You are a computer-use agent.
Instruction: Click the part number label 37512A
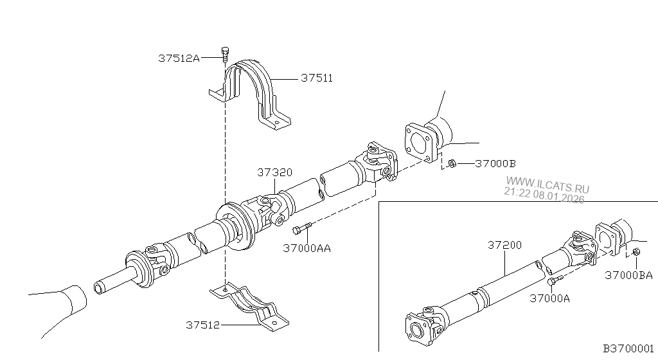tap(179, 59)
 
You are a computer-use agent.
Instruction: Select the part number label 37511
tap(316, 78)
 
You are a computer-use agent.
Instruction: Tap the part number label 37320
tap(275, 172)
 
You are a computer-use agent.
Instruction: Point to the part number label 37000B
tap(495, 163)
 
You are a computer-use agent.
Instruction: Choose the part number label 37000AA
tap(307, 248)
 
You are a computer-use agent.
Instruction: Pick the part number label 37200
tap(504, 245)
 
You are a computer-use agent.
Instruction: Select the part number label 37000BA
tap(628, 275)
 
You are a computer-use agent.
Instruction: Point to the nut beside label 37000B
tap(452, 163)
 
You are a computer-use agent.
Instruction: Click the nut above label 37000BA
tap(635, 252)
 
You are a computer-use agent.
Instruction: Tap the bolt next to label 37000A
tap(555, 280)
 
